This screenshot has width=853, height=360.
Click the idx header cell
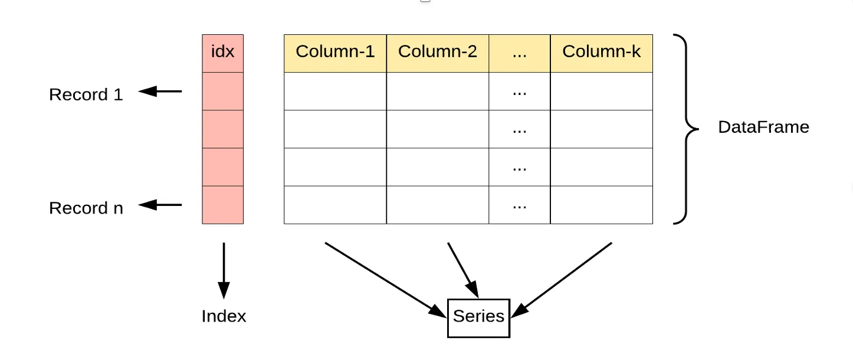coord(223,53)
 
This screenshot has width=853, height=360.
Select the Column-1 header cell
coord(335,53)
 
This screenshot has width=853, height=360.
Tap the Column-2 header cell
coord(438,53)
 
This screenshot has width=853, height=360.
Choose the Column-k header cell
coord(601,53)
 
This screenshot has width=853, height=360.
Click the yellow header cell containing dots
coord(520,53)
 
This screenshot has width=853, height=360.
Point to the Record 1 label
coord(86,94)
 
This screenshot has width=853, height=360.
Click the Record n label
coord(86,208)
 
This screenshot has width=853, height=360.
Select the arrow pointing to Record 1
coord(160,91)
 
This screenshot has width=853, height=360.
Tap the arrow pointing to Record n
coord(160,205)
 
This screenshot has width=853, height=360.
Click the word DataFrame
coord(763,127)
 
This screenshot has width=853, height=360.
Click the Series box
coord(478,318)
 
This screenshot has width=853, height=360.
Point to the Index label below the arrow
coord(224,316)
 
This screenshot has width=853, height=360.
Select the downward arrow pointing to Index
coord(224,270)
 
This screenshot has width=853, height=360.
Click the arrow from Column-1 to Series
coord(385,280)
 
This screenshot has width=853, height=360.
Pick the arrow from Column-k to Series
coord(562,280)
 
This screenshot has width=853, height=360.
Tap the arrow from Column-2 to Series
coord(463,270)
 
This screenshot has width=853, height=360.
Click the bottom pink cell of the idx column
coord(223,205)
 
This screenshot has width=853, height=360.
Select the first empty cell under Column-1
coord(335,91)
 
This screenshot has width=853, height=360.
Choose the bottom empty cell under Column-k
coord(601,205)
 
